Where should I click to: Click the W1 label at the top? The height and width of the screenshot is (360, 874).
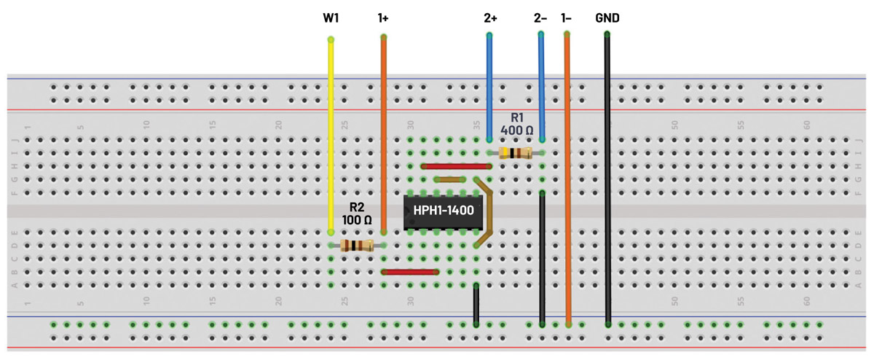pos(331,17)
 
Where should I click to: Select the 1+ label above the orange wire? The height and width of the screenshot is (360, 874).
pos(383,17)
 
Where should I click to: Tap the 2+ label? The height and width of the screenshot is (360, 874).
pos(490,17)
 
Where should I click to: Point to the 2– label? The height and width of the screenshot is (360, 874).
pos(540,17)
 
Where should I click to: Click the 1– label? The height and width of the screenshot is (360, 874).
pos(566,17)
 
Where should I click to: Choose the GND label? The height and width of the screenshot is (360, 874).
pos(607,17)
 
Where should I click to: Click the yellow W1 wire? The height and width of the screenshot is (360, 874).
pos(331,131)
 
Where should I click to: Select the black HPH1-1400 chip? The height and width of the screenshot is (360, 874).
pos(443,211)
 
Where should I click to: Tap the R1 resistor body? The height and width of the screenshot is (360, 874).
pos(516,153)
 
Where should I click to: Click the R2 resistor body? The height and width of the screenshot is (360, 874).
pos(357,246)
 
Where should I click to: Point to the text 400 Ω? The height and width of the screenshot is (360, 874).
pos(516,131)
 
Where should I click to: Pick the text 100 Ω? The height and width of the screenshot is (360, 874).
pos(356,219)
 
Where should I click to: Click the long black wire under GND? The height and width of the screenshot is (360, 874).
pos(607,182)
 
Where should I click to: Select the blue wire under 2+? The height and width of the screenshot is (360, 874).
pos(489,87)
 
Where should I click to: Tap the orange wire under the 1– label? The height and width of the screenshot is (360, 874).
pos(567,182)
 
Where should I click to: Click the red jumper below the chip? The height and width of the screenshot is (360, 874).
pos(410,272)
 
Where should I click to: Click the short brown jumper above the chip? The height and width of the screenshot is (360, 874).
pos(450,179)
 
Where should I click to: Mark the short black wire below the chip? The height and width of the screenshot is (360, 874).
pos(476,304)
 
